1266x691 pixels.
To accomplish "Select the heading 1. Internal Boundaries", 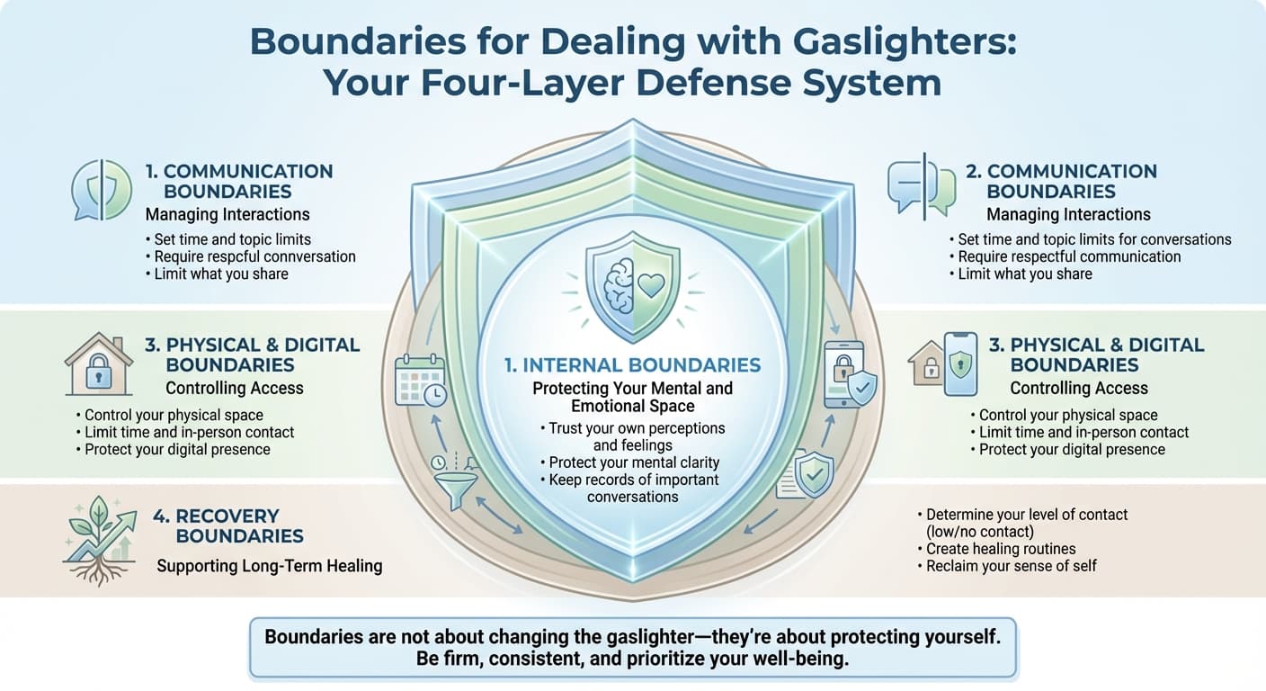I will click(632, 365).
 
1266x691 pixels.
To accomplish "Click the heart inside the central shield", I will click(650, 285).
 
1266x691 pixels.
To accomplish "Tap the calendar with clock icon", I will click(420, 381).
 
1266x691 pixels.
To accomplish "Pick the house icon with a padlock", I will click(99, 364).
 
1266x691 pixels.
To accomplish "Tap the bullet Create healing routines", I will click(1000, 549).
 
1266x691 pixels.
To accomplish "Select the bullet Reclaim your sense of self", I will click(1011, 566).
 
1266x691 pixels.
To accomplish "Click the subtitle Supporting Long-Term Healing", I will click(270, 566).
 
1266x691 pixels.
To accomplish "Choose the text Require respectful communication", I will click(1069, 256).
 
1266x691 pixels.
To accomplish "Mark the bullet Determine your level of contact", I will click(1026, 515).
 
